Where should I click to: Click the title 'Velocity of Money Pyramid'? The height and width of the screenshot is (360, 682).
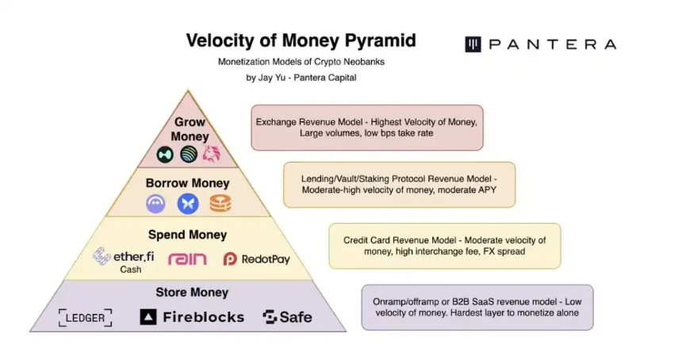pyautogui.click(x=301, y=40)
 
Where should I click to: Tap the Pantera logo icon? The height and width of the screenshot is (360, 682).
pyautogui.click(x=473, y=44)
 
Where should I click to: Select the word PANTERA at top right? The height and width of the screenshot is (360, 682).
pyautogui.click(x=552, y=44)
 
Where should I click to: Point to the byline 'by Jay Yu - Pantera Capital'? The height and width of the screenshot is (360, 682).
pyautogui.click(x=301, y=78)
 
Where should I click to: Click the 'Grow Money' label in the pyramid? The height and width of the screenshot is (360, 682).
pyautogui.click(x=190, y=129)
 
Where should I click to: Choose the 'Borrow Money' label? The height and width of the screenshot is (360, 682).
pyautogui.click(x=187, y=183)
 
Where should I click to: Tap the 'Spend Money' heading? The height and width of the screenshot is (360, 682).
pyautogui.click(x=187, y=235)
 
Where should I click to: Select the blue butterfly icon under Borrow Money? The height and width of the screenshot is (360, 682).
pyautogui.click(x=188, y=204)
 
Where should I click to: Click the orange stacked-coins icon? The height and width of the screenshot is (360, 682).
pyautogui.click(x=220, y=204)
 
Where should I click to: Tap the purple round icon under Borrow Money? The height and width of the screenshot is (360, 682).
pyautogui.click(x=156, y=204)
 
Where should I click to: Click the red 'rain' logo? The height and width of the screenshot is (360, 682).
pyautogui.click(x=187, y=259)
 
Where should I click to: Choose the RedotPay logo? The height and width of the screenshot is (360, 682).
pyautogui.click(x=257, y=259)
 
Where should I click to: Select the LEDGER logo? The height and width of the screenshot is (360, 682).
pyautogui.click(x=85, y=318)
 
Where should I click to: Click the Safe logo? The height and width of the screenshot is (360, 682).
pyautogui.click(x=287, y=317)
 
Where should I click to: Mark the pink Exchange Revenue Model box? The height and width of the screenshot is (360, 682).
pyautogui.click(x=367, y=128)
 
